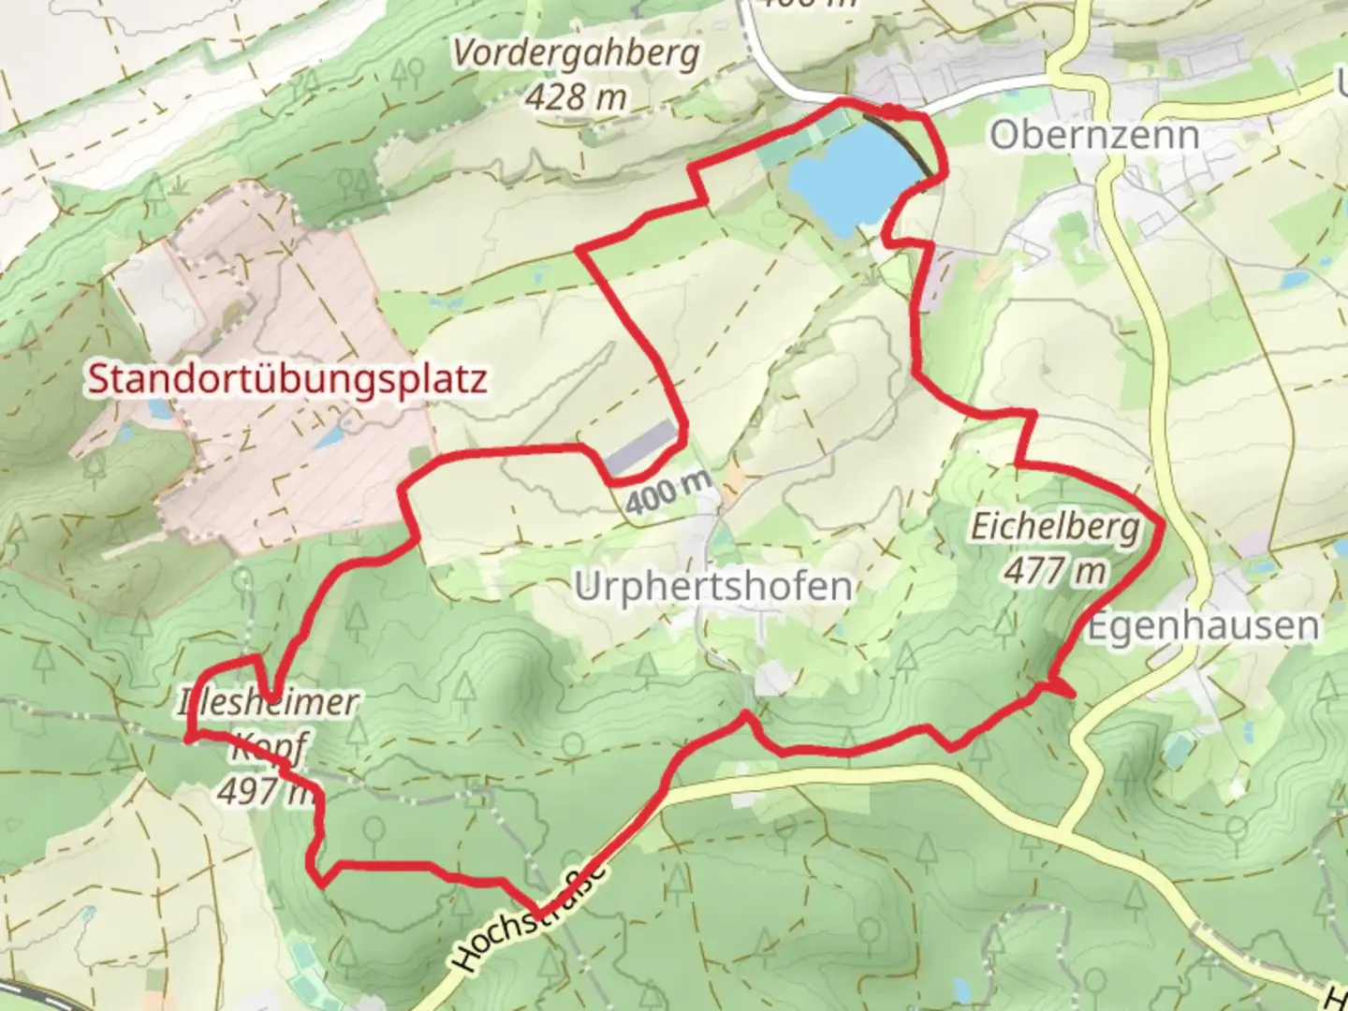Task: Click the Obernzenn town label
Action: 1093,135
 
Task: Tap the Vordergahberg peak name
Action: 576,53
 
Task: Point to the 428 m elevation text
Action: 576,95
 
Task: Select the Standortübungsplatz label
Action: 287,380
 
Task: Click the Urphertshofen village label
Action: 712,587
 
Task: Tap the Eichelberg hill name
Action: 1055,526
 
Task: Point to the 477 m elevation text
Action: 1055,569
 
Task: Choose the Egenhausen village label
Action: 1203,626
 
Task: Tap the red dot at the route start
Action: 895,112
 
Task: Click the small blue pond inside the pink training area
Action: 328,437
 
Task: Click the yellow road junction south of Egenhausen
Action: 1060,831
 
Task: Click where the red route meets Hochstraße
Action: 538,914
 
